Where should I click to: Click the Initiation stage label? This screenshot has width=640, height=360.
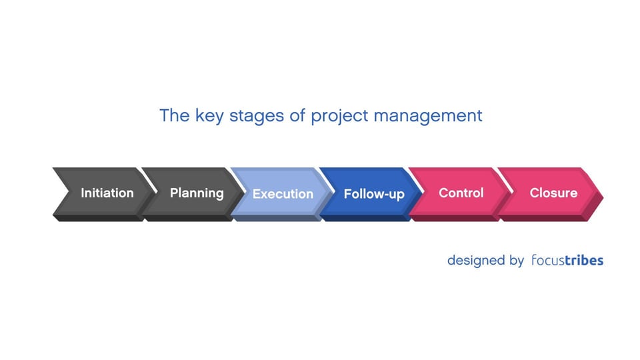coord(107,193)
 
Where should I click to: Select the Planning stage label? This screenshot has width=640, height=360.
coord(197,193)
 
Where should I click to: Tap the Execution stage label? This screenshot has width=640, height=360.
coord(283,194)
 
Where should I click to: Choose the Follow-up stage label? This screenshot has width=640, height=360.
coord(374,194)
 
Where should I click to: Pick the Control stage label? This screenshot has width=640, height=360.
coord(461,193)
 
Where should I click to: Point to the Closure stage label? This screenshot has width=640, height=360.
coord(553,193)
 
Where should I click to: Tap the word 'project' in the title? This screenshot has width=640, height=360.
coord(341,116)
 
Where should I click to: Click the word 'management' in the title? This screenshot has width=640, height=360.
coord(428,116)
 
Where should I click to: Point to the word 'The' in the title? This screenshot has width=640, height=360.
coord(175,115)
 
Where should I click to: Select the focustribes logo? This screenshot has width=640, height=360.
coord(567,260)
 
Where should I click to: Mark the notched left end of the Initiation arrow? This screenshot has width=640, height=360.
coord(60,193)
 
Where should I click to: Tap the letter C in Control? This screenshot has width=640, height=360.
coord(443,193)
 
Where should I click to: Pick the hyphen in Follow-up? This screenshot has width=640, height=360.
coord(385,195)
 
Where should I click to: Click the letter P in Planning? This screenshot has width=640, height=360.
coord(174,193)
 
